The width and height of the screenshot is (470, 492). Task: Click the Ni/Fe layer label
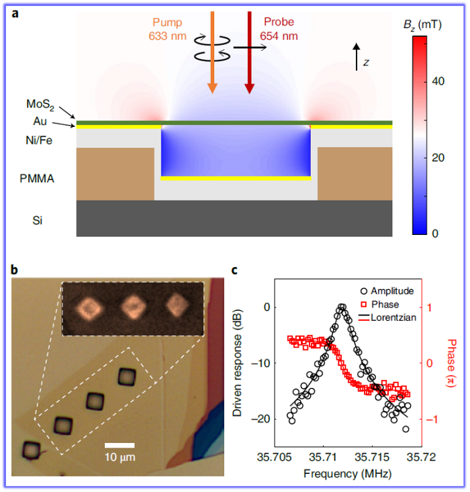point(36,140)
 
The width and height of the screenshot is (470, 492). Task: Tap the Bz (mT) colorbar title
point(436,25)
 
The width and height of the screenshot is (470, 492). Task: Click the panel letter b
point(15,270)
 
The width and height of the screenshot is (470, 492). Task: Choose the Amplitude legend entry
point(389,291)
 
